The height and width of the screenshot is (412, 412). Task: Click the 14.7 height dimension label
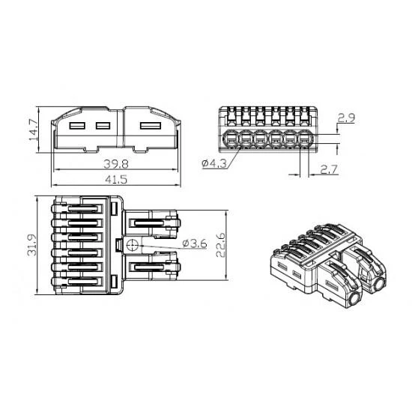tap(34, 130)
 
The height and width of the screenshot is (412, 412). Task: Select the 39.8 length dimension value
tap(116, 164)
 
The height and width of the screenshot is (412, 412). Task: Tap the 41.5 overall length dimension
tap(116, 180)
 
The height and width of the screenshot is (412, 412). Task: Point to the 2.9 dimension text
tap(346, 118)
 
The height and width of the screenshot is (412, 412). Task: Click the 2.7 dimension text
tap(329, 169)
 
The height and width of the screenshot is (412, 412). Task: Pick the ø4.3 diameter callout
tap(214, 164)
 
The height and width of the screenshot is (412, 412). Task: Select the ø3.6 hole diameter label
tap(195, 243)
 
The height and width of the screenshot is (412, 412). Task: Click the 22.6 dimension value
tap(220, 245)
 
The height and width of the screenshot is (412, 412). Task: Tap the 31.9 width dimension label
tap(31, 245)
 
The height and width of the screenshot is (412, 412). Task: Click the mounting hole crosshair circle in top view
tap(132, 245)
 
